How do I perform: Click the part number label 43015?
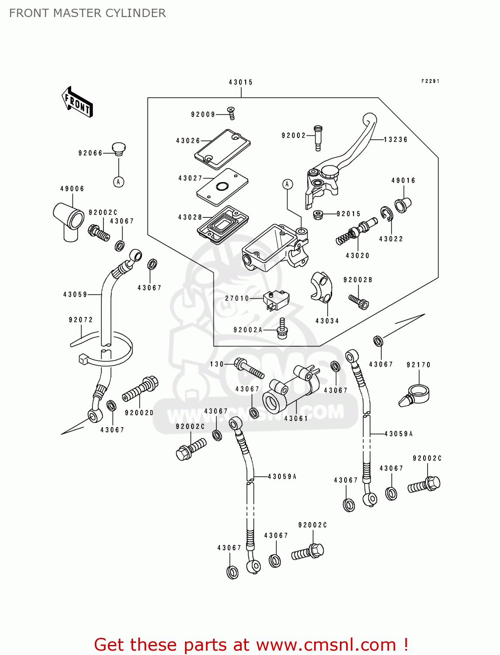click(x=240, y=82)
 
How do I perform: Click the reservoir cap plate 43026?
click(x=223, y=148)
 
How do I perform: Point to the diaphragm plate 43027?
click(x=222, y=186)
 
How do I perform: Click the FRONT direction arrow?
click(x=78, y=102)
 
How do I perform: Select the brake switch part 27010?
click(x=276, y=300)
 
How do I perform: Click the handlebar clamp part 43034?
click(x=322, y=287)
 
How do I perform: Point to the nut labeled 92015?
click(x=318, y=214)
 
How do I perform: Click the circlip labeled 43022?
click(x=386, y=214)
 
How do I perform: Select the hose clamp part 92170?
click(x=414, y=394)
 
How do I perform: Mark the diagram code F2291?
click(x=430, y=81)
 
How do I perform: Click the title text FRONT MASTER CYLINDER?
click(x=87, y=13)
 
